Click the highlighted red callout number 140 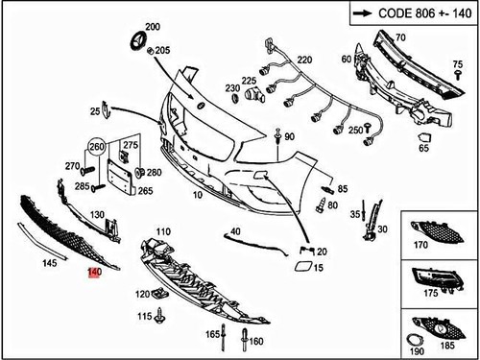[x=93, y=273]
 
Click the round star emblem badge [x=136, y=43]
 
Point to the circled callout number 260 [x=96, y=148]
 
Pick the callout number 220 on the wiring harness [x=304, y=60]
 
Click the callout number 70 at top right [x=400, y=37]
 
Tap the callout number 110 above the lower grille [x=163, y=231]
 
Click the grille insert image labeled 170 [x=437, y=233]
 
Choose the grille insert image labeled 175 [x=437, y=279]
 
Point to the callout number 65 [x=423, y=149]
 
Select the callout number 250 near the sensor [x=354, y=130]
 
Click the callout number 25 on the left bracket [x=95, y=111]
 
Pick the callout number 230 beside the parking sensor [x=232, y=88]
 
